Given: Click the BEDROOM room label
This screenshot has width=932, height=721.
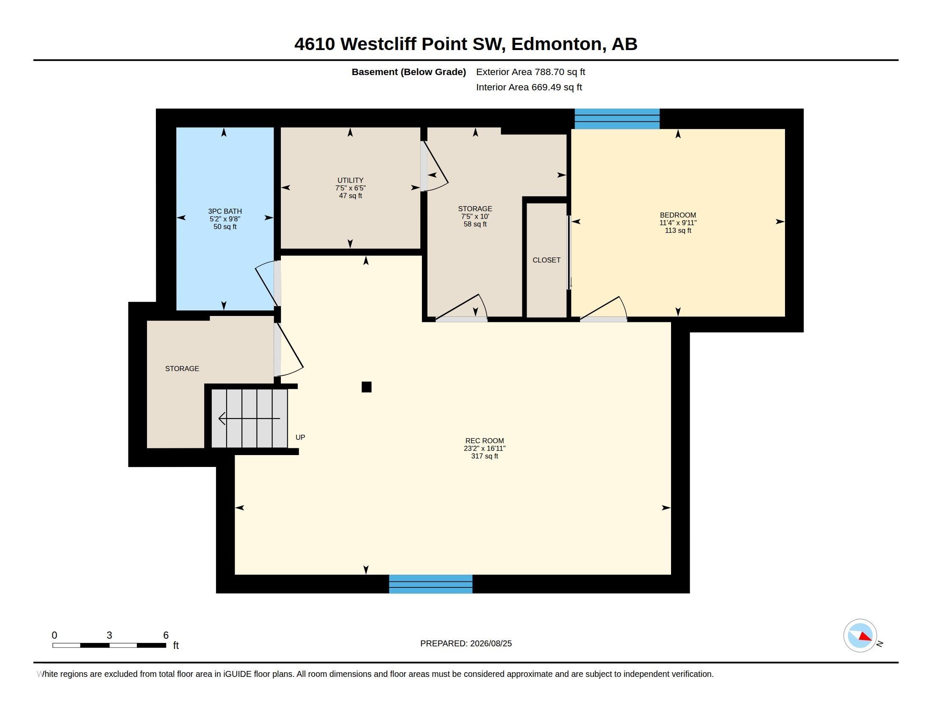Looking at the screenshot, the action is tap(678, 215).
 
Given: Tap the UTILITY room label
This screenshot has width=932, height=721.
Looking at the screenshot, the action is tap(350, 180).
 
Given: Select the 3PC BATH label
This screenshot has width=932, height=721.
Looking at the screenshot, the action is tap(225, 211).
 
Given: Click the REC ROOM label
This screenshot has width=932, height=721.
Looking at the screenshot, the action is tap(484, 440).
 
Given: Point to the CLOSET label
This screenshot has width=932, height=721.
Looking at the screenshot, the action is tap(546, 260).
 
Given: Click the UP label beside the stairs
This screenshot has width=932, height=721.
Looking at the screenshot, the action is tap(300, 437).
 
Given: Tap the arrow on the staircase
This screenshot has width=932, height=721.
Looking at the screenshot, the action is tap(249, 418).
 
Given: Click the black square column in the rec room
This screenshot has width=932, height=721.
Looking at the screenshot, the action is tap(366, 386).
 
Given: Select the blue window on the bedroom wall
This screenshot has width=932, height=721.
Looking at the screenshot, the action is tap(617, 118).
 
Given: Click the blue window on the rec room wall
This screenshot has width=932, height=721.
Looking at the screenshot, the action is tap(430, 584).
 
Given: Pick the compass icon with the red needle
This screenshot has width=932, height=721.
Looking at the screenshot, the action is tap(860, 635).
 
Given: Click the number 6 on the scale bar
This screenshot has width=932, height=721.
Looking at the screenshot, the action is tap(166, 635).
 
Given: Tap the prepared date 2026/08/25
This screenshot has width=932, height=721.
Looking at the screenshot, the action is tap(491, 643).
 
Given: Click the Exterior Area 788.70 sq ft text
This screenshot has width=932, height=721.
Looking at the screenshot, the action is tap(530, 72).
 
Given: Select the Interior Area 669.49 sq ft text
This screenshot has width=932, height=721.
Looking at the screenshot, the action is tap(529, 87).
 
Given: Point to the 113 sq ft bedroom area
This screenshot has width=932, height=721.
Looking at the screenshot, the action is tap(678, 230).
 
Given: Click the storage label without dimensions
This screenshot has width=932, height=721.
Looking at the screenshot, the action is tap(182, 368).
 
